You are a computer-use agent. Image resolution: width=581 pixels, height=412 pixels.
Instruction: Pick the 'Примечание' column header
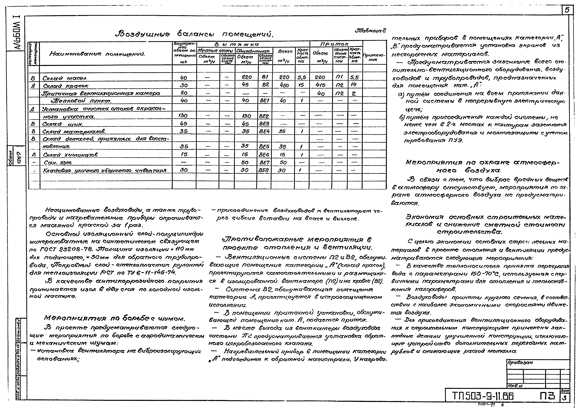[x=374, y=58]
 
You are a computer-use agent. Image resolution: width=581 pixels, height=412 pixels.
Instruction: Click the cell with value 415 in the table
[x=320, y=85]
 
